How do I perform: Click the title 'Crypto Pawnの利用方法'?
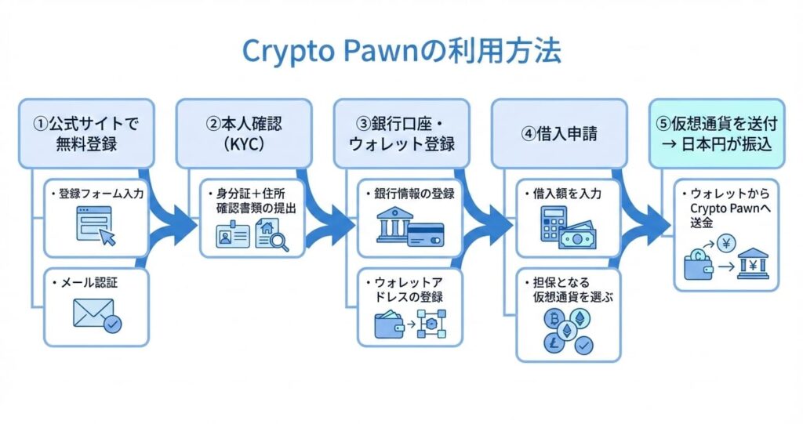click(401, 51)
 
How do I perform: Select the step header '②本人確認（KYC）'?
click(242, 132)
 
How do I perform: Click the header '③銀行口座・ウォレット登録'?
click(402, 132)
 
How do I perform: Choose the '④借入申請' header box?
click(559, 132)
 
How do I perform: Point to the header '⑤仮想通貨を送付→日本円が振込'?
click(717, 132)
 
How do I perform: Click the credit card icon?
click(427, 233)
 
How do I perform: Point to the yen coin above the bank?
click(726, 243)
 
